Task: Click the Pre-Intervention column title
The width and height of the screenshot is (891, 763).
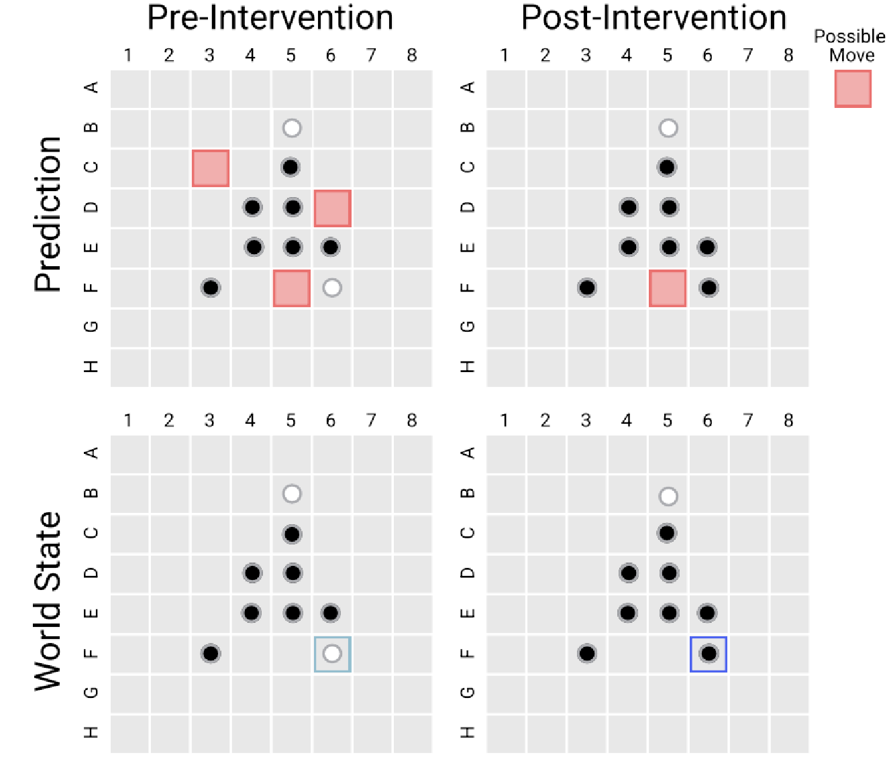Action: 270,17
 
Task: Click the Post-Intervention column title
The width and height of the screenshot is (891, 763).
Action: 653,17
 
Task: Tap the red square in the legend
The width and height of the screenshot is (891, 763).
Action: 853,89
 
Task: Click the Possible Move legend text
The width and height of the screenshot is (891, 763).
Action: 849,46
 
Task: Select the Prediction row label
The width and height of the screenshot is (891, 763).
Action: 48,214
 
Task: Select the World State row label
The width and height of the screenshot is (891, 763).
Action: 48,601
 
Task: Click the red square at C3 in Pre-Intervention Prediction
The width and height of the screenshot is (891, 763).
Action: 211,168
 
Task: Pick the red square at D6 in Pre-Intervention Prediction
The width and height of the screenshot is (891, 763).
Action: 332,209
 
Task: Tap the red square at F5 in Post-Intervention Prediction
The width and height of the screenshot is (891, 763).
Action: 668,288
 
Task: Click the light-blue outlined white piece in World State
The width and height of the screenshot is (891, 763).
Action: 332,654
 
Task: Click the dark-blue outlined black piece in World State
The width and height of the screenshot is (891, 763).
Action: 709,654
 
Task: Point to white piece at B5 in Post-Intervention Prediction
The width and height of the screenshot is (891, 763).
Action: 668,128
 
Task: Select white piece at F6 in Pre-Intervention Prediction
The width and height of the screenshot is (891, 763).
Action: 332,288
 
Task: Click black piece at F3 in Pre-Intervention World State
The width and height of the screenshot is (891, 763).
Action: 211,654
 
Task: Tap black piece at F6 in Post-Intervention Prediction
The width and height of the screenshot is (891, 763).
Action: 709,288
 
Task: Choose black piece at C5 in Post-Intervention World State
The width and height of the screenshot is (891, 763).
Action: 667,534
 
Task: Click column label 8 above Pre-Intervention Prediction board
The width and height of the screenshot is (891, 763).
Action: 412,56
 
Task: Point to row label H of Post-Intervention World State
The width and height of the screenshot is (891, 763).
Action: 468,732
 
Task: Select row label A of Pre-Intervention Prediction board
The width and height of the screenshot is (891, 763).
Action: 93,87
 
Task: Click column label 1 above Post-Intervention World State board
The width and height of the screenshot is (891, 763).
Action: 505,421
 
